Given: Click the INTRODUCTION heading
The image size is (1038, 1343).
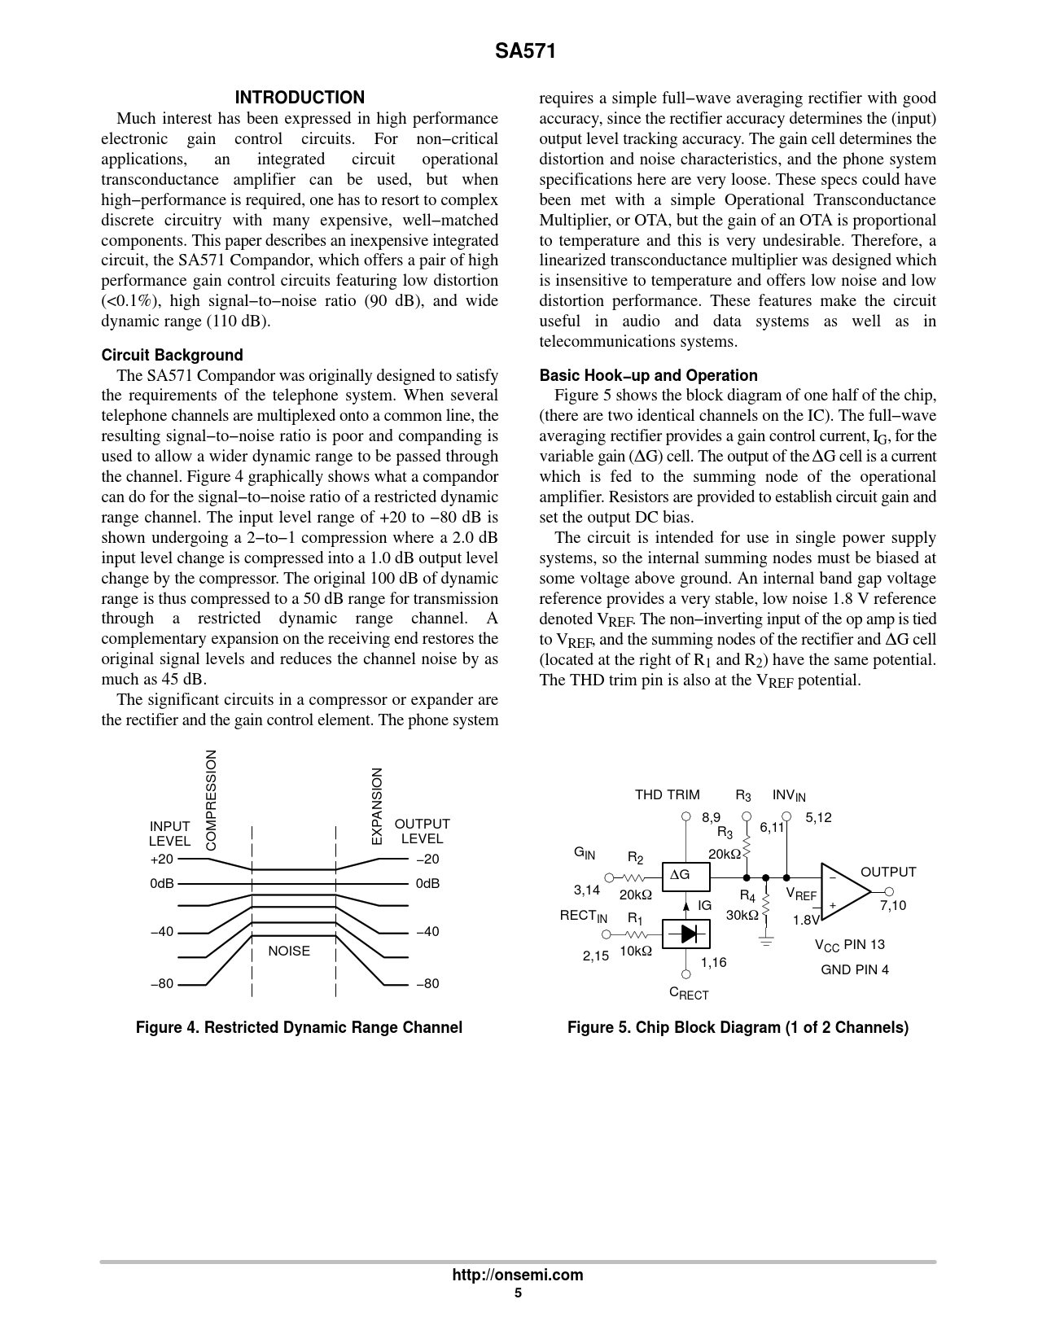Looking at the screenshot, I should (300, 98).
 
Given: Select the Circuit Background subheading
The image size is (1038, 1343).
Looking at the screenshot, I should (172, 355).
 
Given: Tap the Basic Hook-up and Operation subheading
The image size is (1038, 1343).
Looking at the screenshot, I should (648, 375).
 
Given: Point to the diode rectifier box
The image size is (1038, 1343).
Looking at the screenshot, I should (685, 934).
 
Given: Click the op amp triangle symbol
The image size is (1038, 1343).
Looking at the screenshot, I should (844, 892).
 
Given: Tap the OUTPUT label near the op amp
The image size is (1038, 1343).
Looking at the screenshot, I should (888, 872).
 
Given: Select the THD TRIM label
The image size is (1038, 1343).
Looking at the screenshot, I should (667, 794).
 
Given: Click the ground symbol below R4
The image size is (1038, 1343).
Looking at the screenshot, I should (765, 941).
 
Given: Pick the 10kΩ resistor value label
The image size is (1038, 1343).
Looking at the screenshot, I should (635, 951).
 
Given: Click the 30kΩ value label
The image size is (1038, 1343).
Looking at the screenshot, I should (742, 914).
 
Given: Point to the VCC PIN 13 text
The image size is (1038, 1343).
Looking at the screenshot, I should (849, 945).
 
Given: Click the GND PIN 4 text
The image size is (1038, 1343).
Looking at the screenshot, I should (855, 969).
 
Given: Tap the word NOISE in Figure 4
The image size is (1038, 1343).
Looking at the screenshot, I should (289, 951).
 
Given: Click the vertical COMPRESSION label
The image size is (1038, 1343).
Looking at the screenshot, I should (212, 800).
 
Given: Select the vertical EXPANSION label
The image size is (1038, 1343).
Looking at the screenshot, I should (376, 806).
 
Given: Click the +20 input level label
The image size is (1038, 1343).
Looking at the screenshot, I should (161, 860).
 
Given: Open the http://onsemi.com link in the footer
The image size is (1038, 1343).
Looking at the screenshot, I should (518, 1275).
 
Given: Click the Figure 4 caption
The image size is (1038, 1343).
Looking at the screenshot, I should (299, 1027).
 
